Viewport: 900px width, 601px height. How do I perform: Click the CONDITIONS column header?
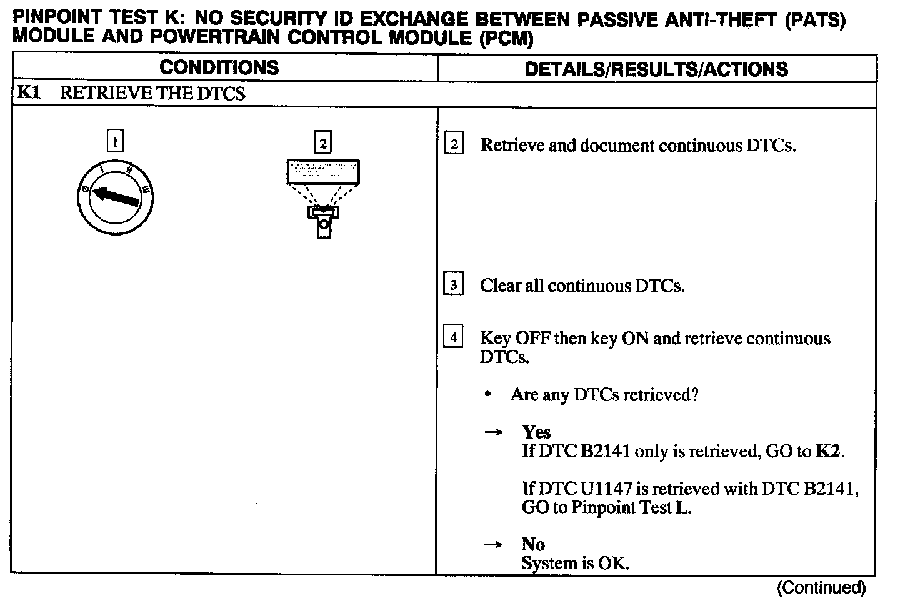tap(219, 67)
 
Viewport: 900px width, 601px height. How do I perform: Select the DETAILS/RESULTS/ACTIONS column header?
tap(656, 69)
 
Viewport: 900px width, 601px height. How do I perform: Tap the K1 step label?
tap(29, 93)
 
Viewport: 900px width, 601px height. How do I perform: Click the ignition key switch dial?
tap(115, 197)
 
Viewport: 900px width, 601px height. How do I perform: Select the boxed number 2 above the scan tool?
tap(322, 143)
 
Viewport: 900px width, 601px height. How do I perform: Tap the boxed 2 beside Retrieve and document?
tap(453, 145)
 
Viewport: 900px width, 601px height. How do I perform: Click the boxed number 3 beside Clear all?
tap(453, 286)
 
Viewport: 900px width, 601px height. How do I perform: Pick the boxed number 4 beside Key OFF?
tap(453, 338)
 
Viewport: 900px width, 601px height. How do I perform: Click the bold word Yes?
tap(536, 432)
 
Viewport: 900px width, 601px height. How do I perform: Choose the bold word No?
tap(533, 544)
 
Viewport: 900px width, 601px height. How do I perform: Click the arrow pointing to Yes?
tap(494, 432)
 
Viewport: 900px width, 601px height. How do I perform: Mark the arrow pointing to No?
tap(494, 545)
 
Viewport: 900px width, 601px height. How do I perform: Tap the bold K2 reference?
tap(829, 451)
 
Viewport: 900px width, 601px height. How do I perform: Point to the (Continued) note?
tap(821, 587)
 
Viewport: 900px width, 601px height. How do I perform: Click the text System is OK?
tap(575, 564)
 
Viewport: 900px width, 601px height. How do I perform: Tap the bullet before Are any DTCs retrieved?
tap(487, 395)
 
